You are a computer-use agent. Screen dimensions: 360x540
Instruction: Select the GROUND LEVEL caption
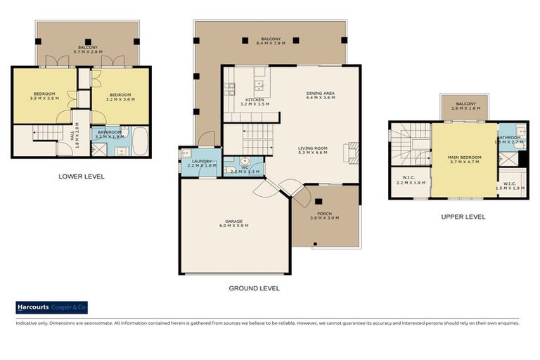(x=254, y=288)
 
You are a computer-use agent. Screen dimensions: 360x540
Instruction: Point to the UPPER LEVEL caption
(x=463, y=217)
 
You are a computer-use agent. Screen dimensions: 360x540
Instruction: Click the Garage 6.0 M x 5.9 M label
(x=234, y=225)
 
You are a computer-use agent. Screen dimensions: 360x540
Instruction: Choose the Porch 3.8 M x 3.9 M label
(x=324, y=216)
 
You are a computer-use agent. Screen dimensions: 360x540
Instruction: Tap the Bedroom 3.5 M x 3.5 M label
(x=44, y=96)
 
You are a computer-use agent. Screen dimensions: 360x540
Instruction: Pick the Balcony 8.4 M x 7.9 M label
(x=271, y=41)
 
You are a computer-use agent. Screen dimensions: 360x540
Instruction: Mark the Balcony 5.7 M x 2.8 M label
(x=88, y=50)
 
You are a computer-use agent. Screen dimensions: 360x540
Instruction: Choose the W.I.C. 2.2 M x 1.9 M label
(x=409, y=180)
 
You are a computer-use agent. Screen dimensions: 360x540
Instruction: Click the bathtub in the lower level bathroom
(x=139, y=141)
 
